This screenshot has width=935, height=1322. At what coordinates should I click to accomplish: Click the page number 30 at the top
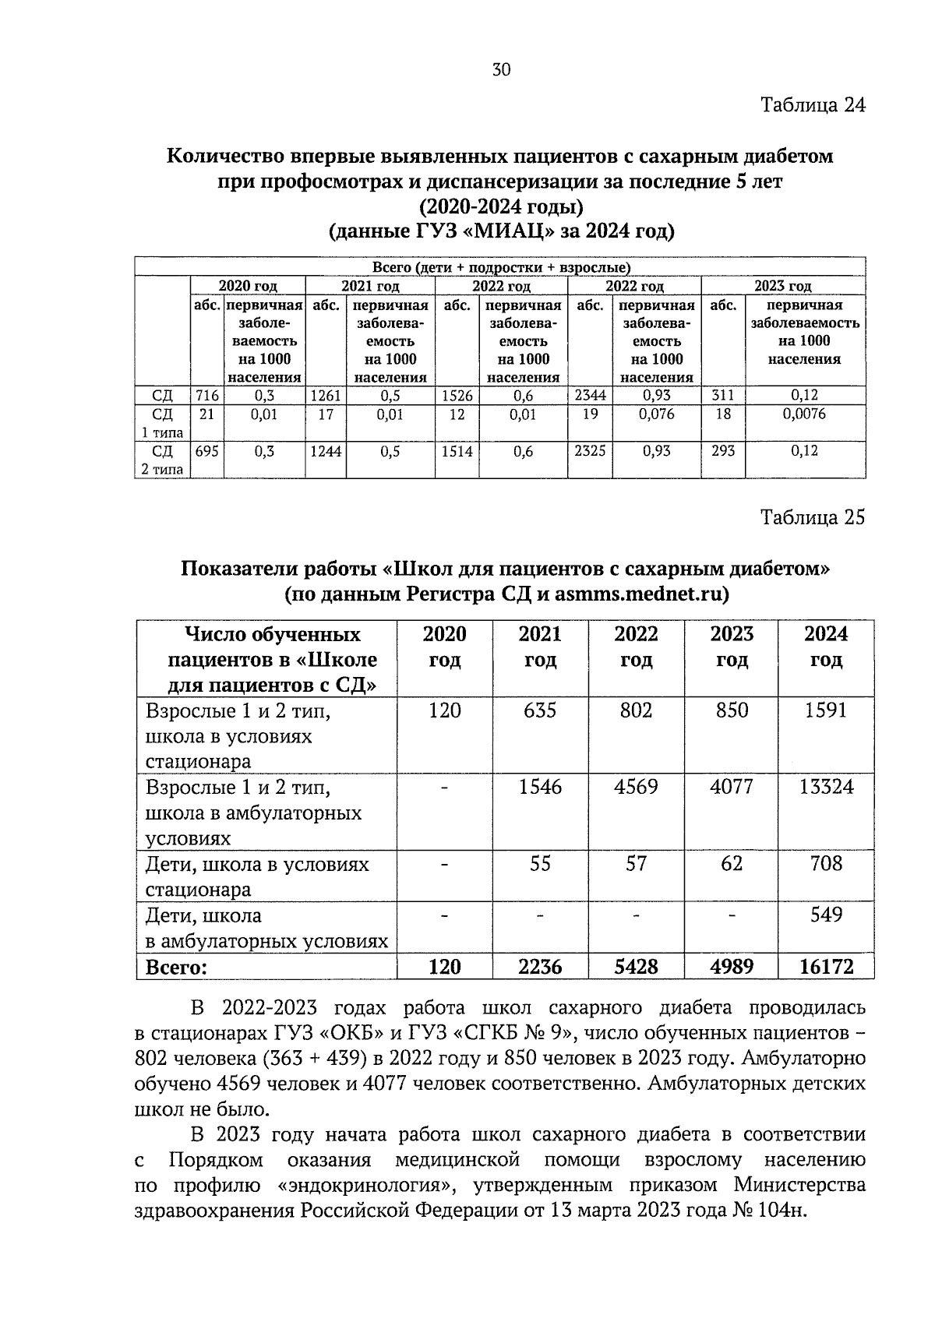coord(501,70)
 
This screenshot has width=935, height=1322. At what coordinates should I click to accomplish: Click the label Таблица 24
coord(813,105)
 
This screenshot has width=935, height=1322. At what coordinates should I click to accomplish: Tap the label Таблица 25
coord(813,518)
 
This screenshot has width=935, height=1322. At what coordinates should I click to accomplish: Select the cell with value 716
coord(206,396)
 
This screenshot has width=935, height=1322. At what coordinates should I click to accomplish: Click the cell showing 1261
coord(326,396)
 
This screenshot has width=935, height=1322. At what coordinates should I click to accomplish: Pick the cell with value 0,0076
coord(804,414)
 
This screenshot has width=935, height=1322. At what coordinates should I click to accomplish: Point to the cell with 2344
coord(590,396)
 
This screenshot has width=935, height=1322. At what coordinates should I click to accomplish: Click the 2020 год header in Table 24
coord(248,287)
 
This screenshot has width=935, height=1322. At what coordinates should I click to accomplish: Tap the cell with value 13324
coord(826,787)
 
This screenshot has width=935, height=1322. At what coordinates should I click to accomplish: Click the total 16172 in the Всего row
coord(826,967)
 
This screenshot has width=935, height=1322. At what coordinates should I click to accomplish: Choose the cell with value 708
coord(826,863)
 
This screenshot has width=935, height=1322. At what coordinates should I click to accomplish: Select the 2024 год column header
coord(826,647)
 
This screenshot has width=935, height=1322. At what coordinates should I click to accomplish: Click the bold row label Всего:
coord(177,967)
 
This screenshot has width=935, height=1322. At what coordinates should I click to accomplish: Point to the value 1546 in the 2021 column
coord(540,787)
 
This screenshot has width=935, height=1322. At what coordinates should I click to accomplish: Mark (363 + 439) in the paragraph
coord(305,1059)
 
